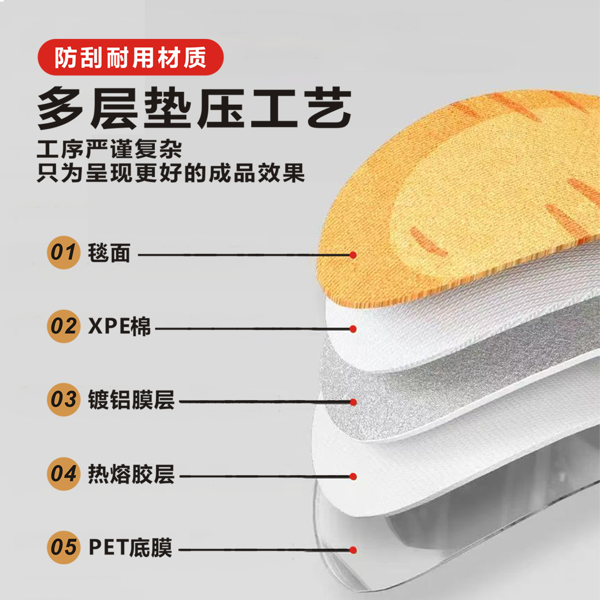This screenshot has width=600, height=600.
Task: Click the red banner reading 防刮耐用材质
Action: click(x=130, y=57)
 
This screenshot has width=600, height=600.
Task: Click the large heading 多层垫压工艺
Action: click(x=194, y=108)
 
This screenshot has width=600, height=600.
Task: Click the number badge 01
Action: click(x=63, y=252)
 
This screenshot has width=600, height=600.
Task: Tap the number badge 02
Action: click(x=63, y=327)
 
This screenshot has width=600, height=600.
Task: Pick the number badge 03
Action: click(x=63, y=400)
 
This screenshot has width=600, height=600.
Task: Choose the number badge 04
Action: click(x=63, y=474)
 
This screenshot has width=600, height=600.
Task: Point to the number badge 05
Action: click(x=63, y=548)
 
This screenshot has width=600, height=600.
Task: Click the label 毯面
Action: click(x=109, y=252)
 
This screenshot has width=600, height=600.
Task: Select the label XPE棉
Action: click(x=120, y=327)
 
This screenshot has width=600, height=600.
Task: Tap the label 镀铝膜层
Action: click(x=131, y=400)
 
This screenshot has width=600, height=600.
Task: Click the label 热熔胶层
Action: click(x=131, y=474)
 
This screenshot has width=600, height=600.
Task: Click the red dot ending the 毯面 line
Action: click(x=353, y=255)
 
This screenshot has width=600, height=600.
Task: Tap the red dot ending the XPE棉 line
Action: click(x=353, y=329)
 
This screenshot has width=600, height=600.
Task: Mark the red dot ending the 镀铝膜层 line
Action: click(x=353, y=402)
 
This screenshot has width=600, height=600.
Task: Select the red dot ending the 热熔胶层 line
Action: click(x=353, y=477)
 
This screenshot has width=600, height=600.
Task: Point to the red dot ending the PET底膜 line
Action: click(x=353, y=550)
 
